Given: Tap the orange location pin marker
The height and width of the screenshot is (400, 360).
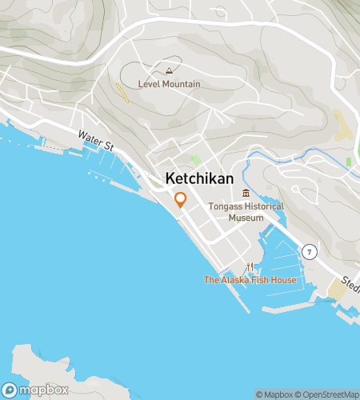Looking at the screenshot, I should [180, 200].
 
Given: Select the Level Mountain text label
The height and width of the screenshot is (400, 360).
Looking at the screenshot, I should [169, 84].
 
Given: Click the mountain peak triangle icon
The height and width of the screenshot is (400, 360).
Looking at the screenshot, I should [168, 71].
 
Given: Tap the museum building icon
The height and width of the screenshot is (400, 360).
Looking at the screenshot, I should [246, 193].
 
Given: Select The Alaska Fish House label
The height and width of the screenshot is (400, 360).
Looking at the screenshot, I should [250, 280].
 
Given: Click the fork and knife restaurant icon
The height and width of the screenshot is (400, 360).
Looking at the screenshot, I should [250, 266].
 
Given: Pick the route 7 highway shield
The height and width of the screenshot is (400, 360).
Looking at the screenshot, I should [309, 251].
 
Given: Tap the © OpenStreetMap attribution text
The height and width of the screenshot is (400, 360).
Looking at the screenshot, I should [328, 394].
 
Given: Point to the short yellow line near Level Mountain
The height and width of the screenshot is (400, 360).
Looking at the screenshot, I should [123, 93].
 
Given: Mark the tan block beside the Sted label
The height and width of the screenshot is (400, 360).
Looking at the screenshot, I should [337, 293].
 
